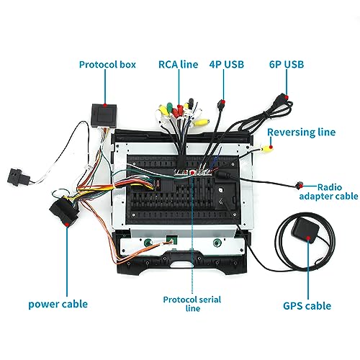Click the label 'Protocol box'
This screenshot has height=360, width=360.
coord(107,65)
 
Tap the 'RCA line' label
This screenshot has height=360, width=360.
coord(179,64)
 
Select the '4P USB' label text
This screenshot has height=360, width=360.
coord(227,64)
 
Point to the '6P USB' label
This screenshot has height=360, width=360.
coord(287,64)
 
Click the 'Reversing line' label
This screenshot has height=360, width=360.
coord(302,132)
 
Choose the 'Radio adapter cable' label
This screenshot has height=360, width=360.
coord(329,192)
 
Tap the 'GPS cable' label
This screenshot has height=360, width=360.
coord(307,306)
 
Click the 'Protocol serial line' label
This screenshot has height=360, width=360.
coord(192,304)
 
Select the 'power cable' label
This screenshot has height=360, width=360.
coord(58,304)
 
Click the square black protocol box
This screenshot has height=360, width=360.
coord(104,116)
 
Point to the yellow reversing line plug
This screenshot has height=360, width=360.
coord(266,150)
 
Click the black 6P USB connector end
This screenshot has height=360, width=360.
coord(282,99)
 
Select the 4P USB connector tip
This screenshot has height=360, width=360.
coord(221,104)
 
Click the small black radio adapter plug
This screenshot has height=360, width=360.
coord(299,185)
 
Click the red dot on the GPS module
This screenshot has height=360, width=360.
coord(309,238)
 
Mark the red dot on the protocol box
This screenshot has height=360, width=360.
coord(105,105)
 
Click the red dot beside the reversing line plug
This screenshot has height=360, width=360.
coord(271,147)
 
